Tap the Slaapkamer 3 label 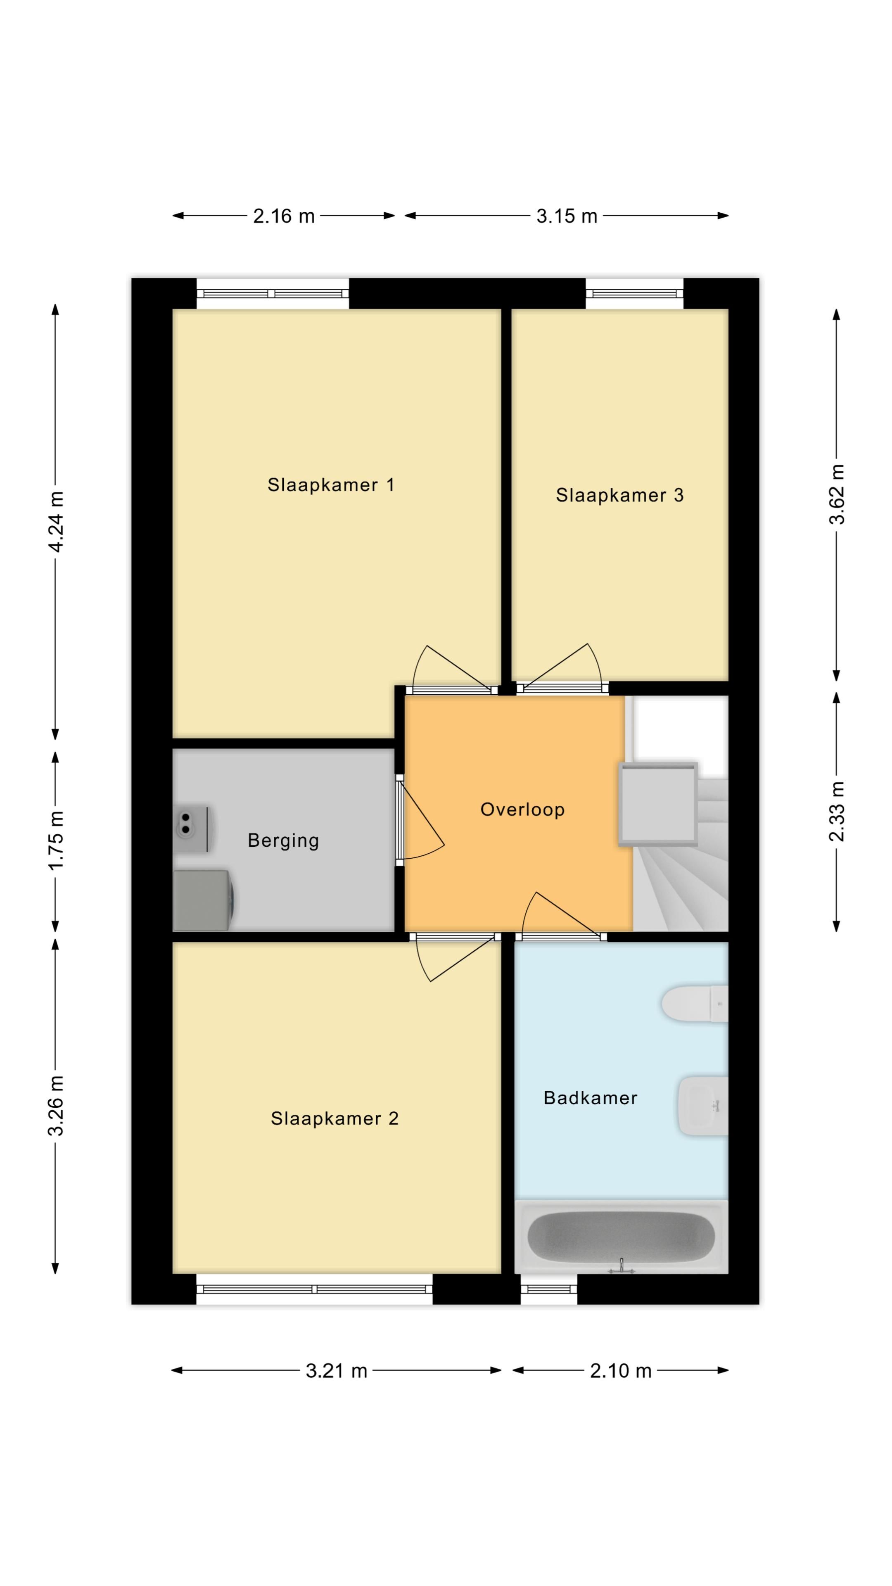click(x=619, y=495)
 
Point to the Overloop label click(x=522, y=810)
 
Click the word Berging click(x=283, y=841)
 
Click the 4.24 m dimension click(x=55, y=522)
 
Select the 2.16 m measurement click(x=284, y=216)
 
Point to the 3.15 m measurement click(x=566, y=216)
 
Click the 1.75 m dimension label click(x=55, y=841)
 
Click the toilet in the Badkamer click(x=694, y=1004)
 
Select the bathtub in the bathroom click(x=621, y=1237)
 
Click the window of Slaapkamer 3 click(x=634, y=294)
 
